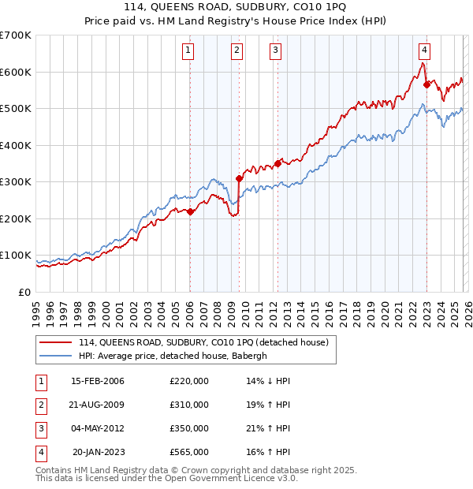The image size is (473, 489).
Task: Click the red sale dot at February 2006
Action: pos(190,211)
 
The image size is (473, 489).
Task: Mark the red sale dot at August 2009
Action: pos(239,178)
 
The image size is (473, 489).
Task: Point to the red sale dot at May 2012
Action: pos(277,164)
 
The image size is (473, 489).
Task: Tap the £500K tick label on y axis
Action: pos(16,109)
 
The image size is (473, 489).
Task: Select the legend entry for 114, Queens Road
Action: pos(208,342)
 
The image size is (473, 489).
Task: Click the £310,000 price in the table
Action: pos(189,405)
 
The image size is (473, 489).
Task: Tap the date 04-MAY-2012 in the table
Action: pos(98,428)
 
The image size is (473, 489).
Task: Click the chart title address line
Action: pos(236,8)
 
